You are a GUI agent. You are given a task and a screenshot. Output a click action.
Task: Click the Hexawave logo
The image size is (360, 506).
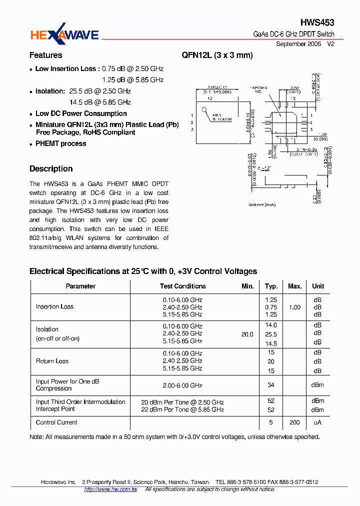coord(64,34)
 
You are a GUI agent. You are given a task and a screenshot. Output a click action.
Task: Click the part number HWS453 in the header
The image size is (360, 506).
coord(317,22)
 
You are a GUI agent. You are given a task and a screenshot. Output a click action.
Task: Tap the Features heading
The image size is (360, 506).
coord(45,55)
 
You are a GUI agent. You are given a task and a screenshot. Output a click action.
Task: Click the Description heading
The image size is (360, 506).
coord(51,169)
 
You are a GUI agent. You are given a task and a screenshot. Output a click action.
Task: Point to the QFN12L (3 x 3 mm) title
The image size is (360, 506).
coord(217,55)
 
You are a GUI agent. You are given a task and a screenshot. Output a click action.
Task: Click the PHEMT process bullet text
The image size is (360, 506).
coord(60,144)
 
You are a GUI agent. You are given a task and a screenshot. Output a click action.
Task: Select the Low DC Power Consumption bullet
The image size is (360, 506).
coord(81,114)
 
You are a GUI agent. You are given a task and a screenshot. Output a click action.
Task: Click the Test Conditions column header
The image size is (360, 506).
coord(182,286)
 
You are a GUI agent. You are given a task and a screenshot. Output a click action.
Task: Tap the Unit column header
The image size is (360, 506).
coord(318,286)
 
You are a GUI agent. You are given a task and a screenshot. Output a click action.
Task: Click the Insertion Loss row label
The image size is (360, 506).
coord(54,307)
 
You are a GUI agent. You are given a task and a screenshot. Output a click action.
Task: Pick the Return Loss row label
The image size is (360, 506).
coord(52,361)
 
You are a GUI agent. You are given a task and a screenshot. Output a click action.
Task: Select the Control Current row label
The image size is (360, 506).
coord(56,422)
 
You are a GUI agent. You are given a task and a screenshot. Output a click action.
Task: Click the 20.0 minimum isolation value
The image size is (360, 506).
coord(247,334)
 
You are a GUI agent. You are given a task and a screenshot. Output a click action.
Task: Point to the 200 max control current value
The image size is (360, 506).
coord(294,422)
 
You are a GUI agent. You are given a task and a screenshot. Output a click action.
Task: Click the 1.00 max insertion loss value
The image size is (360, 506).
coord(294,307)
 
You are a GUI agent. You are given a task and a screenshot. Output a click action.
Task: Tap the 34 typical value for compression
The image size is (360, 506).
coord(271,385)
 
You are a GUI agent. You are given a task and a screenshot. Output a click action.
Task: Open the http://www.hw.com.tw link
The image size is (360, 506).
coord(110,489)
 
